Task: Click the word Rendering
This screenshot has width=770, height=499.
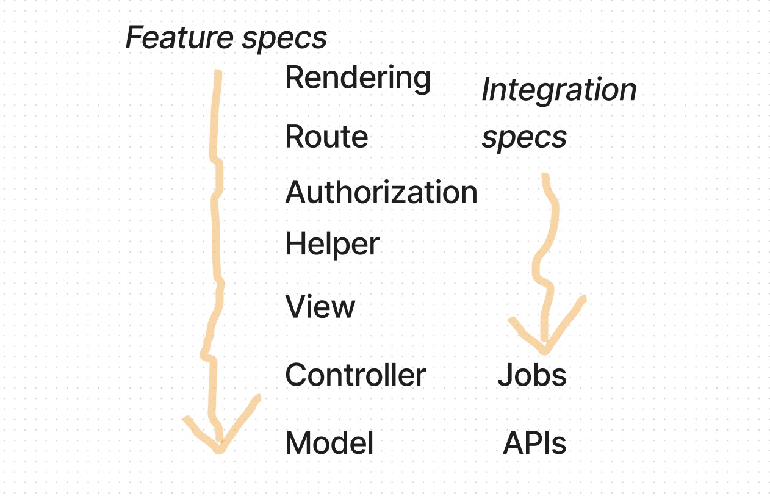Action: point(358,78)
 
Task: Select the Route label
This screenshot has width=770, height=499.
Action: point(326,137)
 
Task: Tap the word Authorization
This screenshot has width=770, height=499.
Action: point(381,193)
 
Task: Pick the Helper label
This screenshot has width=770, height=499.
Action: point(332,245)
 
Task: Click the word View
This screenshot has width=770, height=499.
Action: point(320,306)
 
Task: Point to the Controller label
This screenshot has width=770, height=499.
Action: point(355,375)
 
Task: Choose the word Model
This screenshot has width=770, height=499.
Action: point(329,443)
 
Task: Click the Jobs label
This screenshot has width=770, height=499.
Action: point(532,375)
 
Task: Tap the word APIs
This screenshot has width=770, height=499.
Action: point(534,443)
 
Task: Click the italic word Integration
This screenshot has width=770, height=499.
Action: point(559,90)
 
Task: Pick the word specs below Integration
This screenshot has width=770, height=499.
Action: point(524,138)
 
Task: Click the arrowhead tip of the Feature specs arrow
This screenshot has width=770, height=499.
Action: point(219,449)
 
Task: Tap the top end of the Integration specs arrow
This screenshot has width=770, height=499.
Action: point(545,177)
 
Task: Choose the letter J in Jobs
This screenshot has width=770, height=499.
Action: point(504,375)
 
